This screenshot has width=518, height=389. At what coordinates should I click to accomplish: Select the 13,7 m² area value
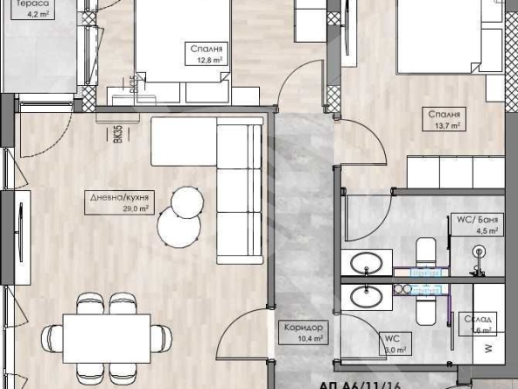tap(445, 125)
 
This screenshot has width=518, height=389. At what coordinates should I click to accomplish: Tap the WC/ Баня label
tap(480, 219)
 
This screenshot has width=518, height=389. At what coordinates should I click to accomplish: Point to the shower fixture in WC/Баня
tap(479, 252)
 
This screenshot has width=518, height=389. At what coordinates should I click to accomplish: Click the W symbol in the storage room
tap(486, 348)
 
